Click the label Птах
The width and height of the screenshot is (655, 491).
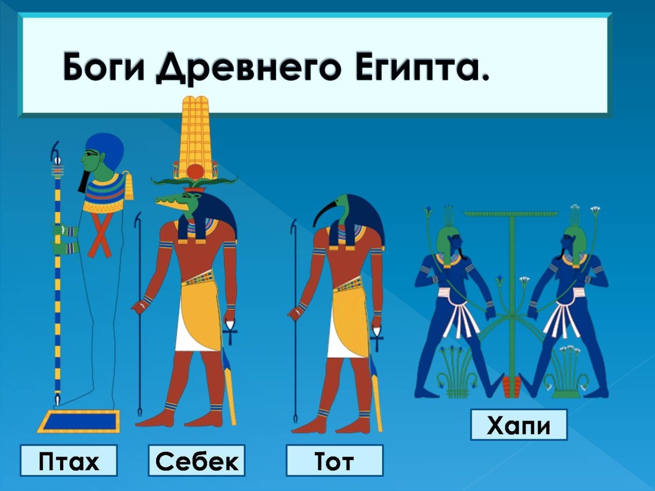(69, 461)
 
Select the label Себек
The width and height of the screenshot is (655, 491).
(197, 461)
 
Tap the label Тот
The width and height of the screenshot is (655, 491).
(335, 461)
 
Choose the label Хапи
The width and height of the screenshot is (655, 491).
(519, 425)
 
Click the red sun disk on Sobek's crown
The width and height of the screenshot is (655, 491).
(194, 173)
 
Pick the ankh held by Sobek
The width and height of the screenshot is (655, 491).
(230, 330)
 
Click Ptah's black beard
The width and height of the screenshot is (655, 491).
(83, 181)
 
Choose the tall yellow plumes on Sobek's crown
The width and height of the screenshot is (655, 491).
(194, 131)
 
